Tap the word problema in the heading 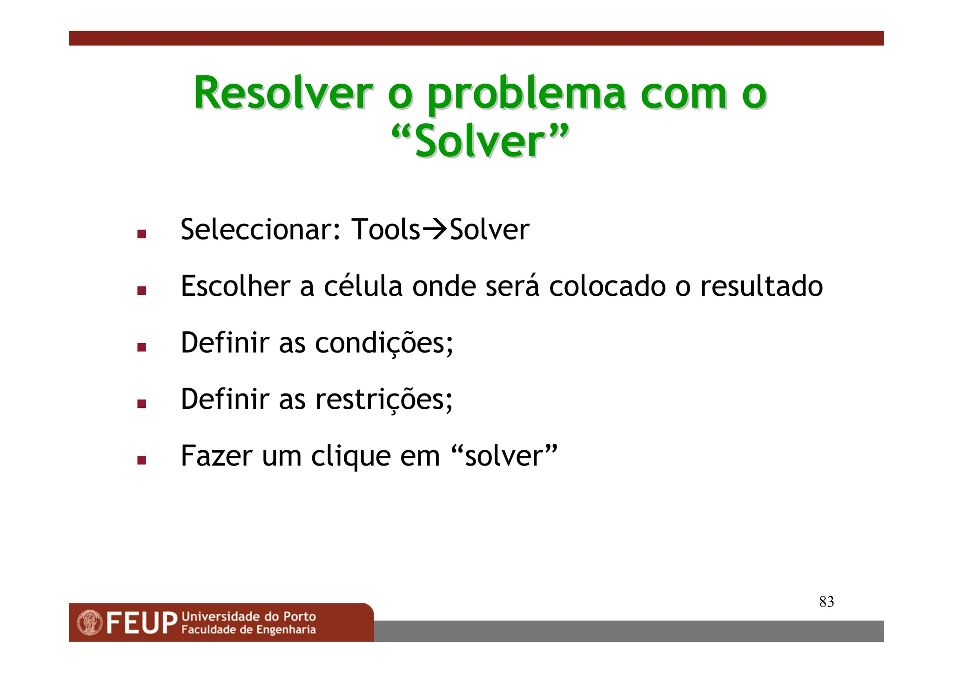[526, 95]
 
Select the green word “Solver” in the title [480, 141]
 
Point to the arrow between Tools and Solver [434, 229]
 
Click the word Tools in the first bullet [385, 229]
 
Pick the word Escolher [235, 286]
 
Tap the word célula [363, 286]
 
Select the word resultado [761, 286]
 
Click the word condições [383, 343]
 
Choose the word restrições [383, 400]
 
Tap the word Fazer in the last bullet [216, 456]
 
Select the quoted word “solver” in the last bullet [504, 456]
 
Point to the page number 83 [826, 602]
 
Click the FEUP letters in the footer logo [142, 623]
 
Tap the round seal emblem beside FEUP [90, 623]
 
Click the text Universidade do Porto [248, 617]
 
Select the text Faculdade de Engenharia [248, 630]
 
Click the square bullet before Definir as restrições [142, 404]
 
